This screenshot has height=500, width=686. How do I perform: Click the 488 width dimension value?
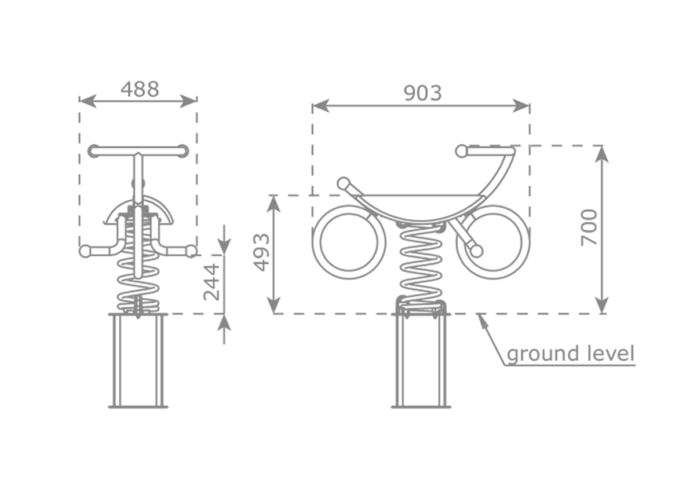point(140,89)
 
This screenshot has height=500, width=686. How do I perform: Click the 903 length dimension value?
point(422,93)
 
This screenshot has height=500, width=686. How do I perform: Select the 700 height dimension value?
point(589,227)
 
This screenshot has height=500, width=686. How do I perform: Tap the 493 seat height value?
point(262,252)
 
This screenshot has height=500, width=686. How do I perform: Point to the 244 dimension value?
point(211,282)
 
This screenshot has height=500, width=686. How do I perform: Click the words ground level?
point(571,354)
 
